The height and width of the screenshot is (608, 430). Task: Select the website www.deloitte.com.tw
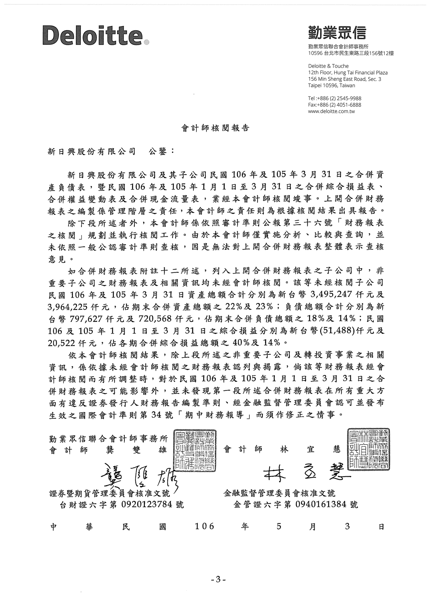click(331, 111)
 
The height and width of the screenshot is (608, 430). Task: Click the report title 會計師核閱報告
click(215, 128)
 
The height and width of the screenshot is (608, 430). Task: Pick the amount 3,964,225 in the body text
click(68, 307)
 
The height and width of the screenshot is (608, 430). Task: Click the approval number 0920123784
click(147, 504)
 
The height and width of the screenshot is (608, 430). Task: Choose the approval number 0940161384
click(321, 504)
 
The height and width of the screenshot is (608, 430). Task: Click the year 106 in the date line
click(204, 527)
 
